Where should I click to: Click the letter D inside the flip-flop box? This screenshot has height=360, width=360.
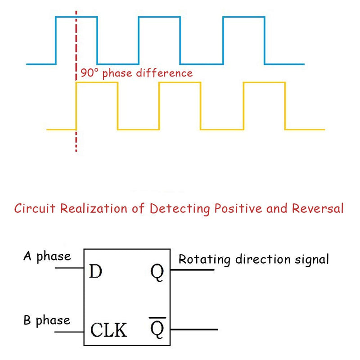[95, 271]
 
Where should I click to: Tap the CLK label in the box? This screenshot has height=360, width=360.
[108, 330]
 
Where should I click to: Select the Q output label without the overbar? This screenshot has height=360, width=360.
[157, 273]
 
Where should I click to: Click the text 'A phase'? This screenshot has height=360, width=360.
[47, 256]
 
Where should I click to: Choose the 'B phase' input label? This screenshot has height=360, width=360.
[47, 320]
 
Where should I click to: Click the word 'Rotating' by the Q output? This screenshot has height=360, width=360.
[204, 260]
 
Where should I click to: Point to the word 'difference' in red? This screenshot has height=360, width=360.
[164, 73]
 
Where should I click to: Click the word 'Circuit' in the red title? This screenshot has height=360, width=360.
[35, 208]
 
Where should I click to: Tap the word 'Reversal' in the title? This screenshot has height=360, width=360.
[318, 208]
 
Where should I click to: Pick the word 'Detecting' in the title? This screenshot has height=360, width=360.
[180, 209]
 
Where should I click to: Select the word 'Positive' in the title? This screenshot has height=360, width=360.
[238, 208]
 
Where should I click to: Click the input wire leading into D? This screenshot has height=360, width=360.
[69, 268]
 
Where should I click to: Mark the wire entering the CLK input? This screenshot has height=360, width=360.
[69, 332]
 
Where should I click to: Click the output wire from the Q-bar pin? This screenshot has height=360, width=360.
[194, 329]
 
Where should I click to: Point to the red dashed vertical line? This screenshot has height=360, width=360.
[76, 81]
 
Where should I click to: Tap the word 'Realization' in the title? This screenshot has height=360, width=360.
[94, 208]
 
